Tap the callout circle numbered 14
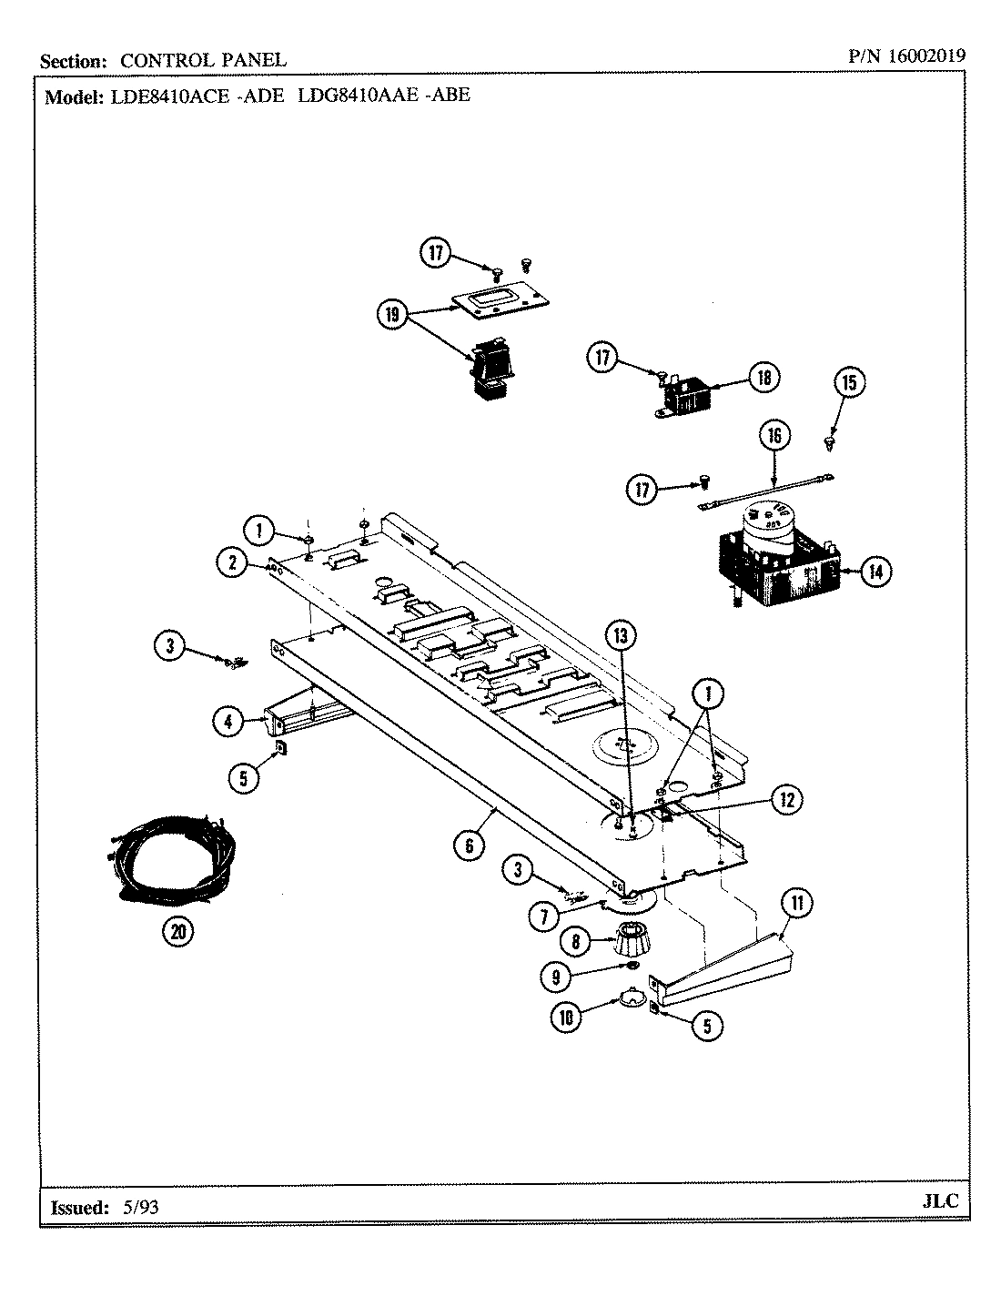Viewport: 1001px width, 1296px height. (875, 572)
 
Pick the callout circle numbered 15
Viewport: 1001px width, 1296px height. (848, 383)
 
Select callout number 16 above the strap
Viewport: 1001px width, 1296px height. (774, 436)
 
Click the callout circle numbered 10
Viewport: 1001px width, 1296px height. (567, 1018)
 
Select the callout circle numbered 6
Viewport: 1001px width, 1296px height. (470, 845)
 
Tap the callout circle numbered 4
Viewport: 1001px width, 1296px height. (228, 722)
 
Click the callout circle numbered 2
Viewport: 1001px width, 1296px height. (233, 564)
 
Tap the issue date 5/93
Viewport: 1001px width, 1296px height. (139, 1208)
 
